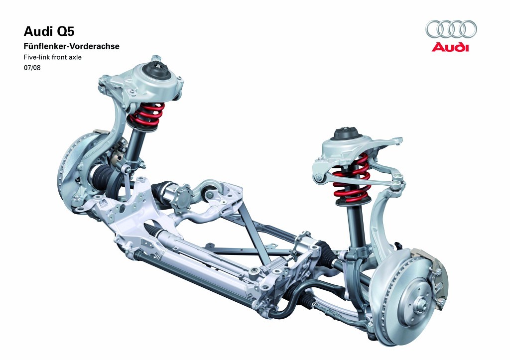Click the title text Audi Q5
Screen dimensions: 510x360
pos(49,31)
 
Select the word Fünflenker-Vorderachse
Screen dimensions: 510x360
pos(71,46)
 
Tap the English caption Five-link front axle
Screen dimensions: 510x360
pos(52,57)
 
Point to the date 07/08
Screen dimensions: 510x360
pos(32,68)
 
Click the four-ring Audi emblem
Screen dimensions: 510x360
pos(451,29)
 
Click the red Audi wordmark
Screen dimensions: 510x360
pos(450,47)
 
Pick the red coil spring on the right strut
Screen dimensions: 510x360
pos(351,178)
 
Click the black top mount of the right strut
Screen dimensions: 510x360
pos(347,133)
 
